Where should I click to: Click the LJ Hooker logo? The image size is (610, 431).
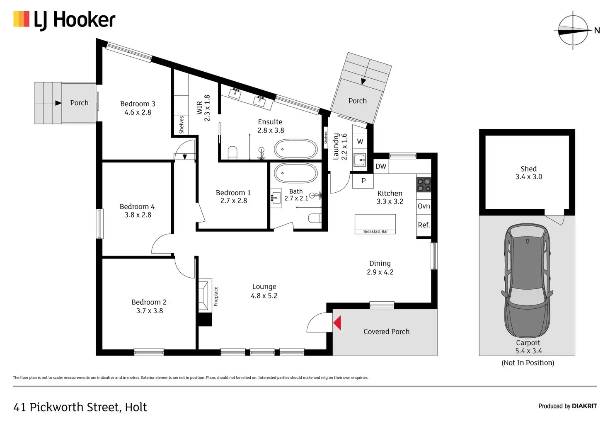[x=64, y=20]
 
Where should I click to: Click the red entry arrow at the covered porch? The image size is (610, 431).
[x=337, y=323]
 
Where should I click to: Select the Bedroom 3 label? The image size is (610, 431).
[x=138, y=104]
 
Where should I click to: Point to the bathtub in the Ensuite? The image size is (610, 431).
[x=296, y=149]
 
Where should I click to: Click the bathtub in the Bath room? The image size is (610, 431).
[x=296, y=173]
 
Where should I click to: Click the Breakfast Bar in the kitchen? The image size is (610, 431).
[x=375, y=224]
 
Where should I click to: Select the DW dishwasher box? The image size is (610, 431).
[x=381, y=167]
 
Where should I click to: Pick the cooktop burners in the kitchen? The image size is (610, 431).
[x=424, y=185]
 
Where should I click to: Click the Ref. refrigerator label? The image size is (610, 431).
[x=424, y=225]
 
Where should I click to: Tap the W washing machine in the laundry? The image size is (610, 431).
[x=360, y=141]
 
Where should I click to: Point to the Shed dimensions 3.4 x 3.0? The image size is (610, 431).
[x=528, y=177]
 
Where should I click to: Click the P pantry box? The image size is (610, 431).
[x=363, y=181]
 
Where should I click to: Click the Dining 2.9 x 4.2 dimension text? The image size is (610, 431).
[x=380, y=272]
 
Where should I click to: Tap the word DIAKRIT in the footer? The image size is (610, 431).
[x=584, y=406]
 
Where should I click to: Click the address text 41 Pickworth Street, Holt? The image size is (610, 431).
[x=80, y=407]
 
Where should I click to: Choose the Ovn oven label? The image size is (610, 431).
[x=424, y=206]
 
